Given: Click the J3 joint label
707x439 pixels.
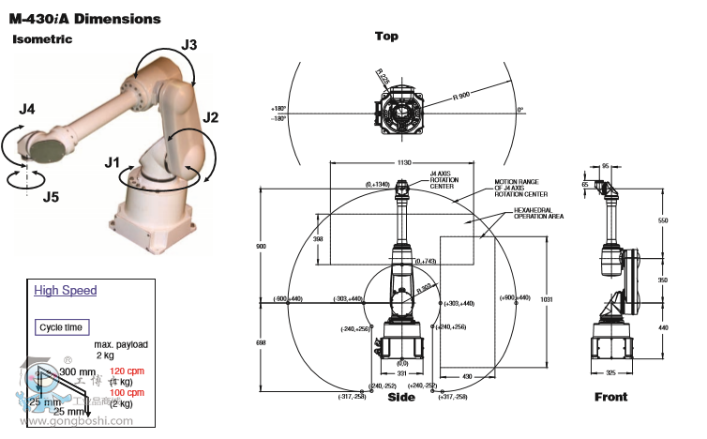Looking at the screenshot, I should point(189,44).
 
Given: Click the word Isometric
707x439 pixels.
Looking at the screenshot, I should point(42,39).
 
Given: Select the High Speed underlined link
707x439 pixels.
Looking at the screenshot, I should point(66,291).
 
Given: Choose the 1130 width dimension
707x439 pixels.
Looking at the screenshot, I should point(404,163).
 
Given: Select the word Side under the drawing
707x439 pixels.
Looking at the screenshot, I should point(401,398).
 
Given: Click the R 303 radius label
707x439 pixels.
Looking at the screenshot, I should point(425,287).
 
